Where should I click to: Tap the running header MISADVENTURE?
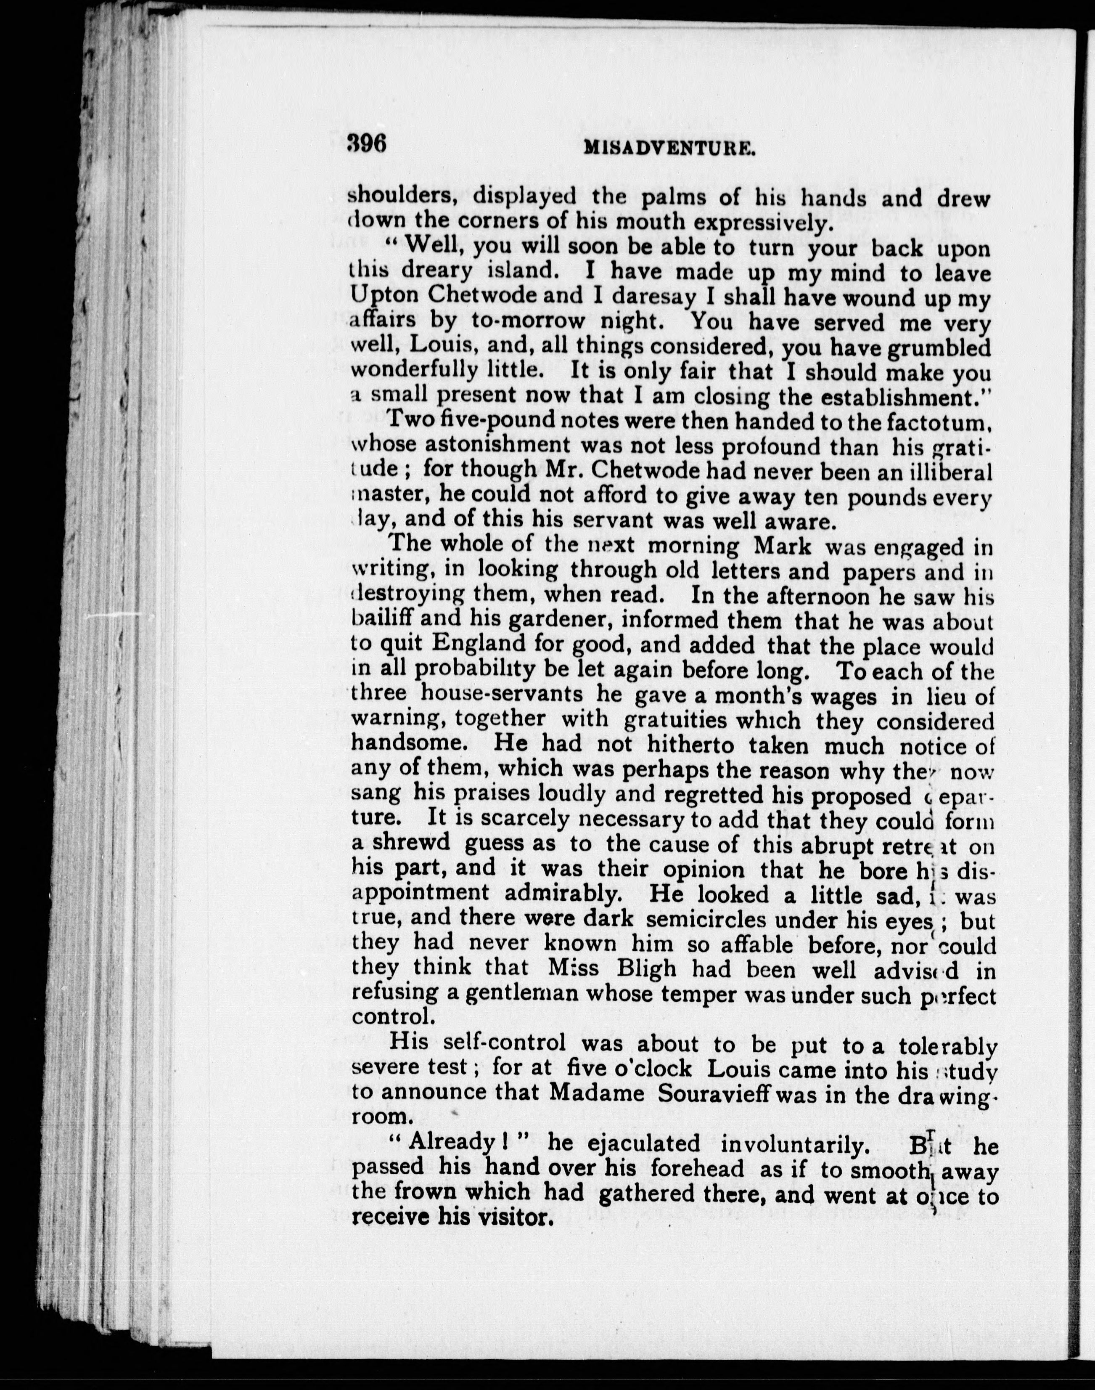click(669, 149)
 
